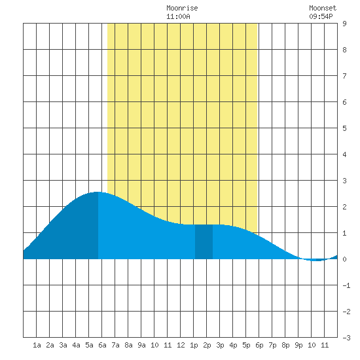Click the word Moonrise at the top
[x=182, y=8]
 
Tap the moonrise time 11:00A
[x=179, y=16]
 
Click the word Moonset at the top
[x=323, y=8]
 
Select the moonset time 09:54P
[x=321, y=16]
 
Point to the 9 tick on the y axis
[x=344, y=24]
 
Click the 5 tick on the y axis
[x=344, y=128]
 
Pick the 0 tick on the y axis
[x=344, y=259]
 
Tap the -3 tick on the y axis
[x=346, y=338]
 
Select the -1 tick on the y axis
[x=346, y=285]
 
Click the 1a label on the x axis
[x=37, y=345]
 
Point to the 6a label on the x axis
[x=102, y=345]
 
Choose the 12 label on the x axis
[x=181, y=345]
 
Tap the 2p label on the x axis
[x=207, y=345]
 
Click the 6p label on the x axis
[x=259, y=345]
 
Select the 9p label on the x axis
[x=298, y=345]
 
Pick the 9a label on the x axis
[x=141, y=345]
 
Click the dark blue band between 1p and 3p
[x=204, y=242]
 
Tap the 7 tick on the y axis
[x=344, y=76]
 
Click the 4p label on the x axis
[x=233, y=345]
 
